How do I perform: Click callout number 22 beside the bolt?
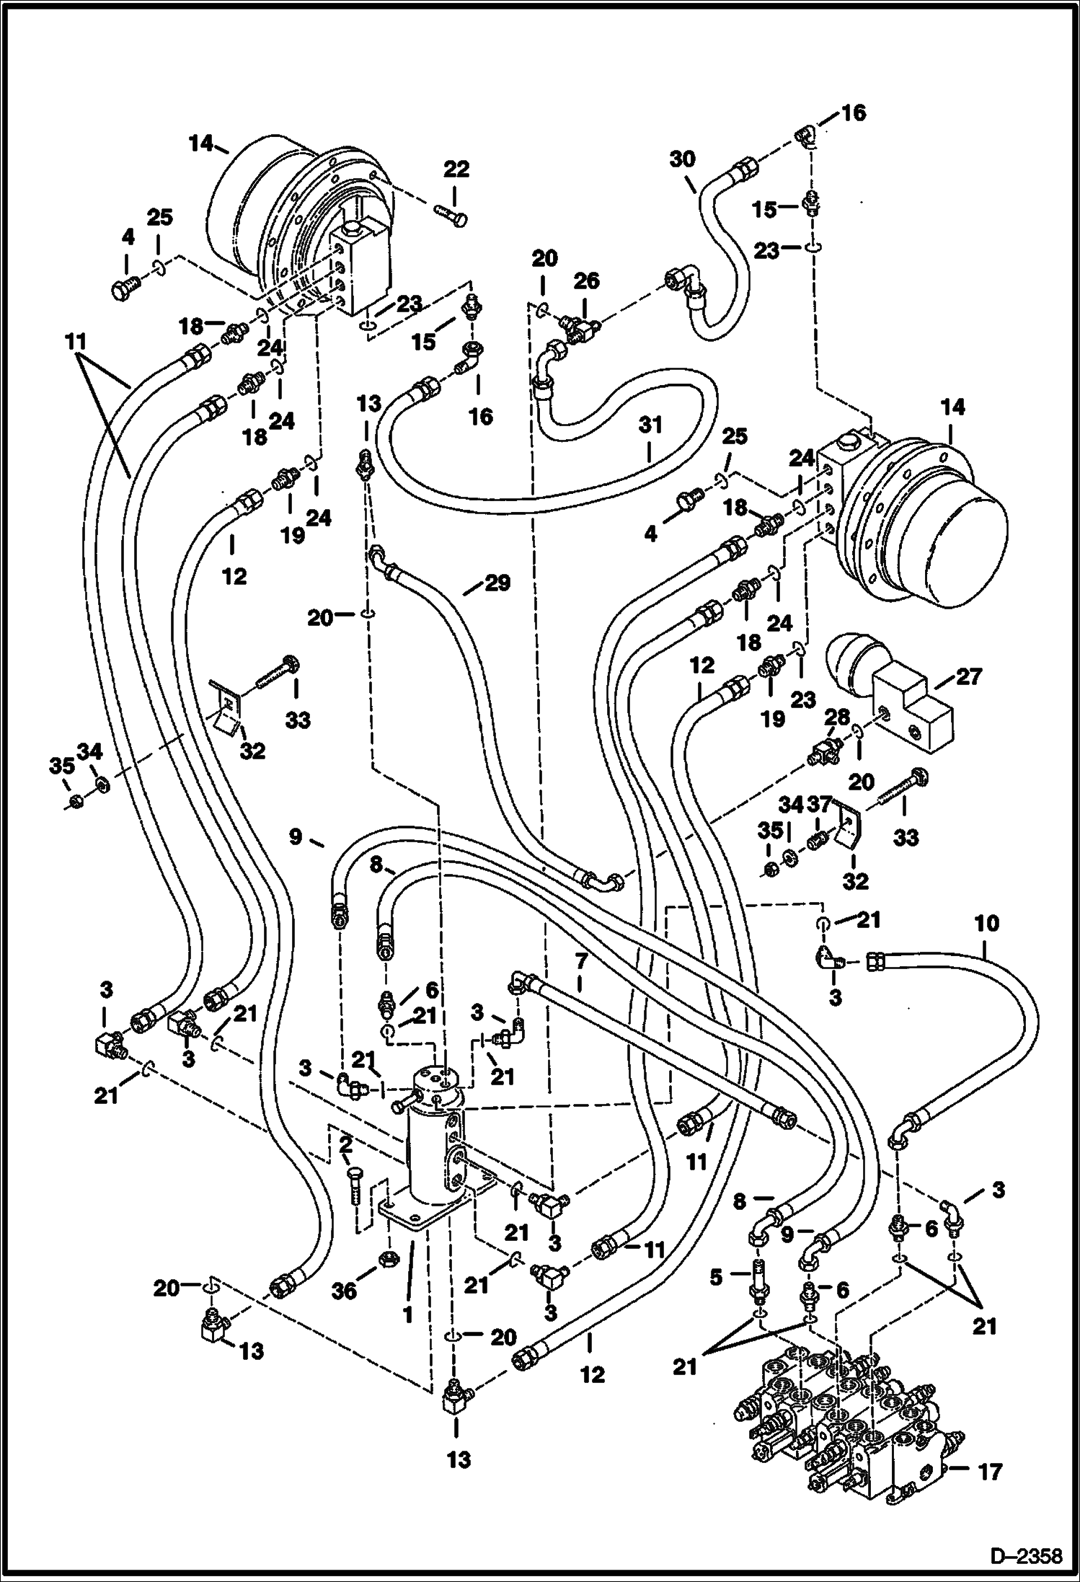click(456, 170)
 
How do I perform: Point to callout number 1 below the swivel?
click(408, 1315)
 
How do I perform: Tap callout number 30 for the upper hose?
click(682, 159)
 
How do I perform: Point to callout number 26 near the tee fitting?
click(585, 281)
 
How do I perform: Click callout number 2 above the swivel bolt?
click(345, 1144)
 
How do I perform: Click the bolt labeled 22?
click(451, 213)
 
